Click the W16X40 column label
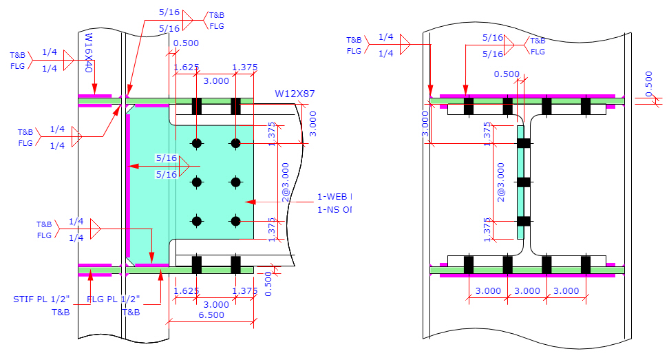coord(88,52)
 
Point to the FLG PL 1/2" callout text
coord(114,299)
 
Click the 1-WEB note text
coord(334,195)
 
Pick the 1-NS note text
coord(334,209)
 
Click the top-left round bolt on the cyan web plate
coord(197,143)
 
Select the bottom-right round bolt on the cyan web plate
coord(235,221)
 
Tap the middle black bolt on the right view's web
coord(524,182)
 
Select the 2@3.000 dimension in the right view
coord(502,182)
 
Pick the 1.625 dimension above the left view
coord(187,67)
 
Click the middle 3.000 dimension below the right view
coord(527,291)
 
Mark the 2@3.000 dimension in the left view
coord(285,182)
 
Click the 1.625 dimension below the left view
coord(187,291)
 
